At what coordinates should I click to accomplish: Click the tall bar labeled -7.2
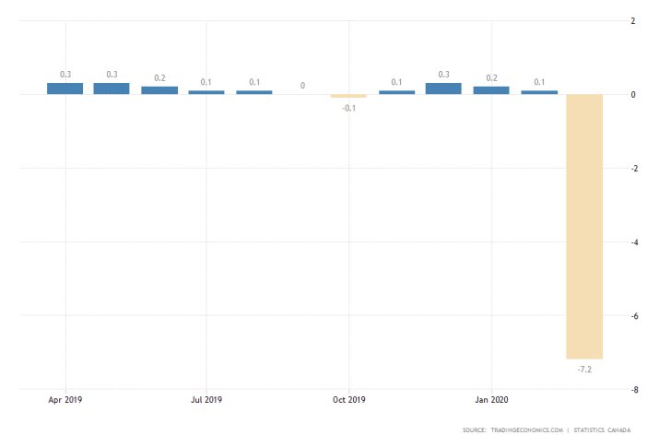584,226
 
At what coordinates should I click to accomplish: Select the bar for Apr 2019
65,88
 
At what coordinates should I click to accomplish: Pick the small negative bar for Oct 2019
348,96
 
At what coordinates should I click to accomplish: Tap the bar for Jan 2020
490,90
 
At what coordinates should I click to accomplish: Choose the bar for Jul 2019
206,92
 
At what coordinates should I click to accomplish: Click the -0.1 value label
348,108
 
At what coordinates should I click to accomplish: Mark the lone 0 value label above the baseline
301,86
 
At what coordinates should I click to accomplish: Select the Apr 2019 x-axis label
65,400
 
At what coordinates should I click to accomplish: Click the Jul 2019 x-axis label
206,400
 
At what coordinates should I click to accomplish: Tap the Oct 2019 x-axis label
349,400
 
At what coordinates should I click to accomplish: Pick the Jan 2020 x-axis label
490,400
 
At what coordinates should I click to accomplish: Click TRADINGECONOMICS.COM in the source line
526,430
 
